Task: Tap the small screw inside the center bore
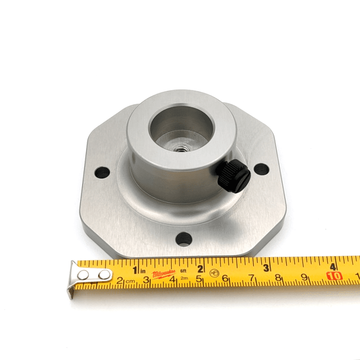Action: (x=180, y=149)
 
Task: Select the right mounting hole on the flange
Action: (x=261, y=170)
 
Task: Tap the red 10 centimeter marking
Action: (x=334, y=276)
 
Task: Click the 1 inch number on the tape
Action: (x=135, y=269)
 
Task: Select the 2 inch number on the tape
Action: (x=200, y=268)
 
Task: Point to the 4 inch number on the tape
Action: (x=333, y=266)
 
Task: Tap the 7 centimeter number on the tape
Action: (x=251, y=278)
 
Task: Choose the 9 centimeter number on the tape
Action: (x=304, y=278)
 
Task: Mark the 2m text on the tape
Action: (x=184, y=278)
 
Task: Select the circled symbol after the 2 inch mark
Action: (x=214, y=273)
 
